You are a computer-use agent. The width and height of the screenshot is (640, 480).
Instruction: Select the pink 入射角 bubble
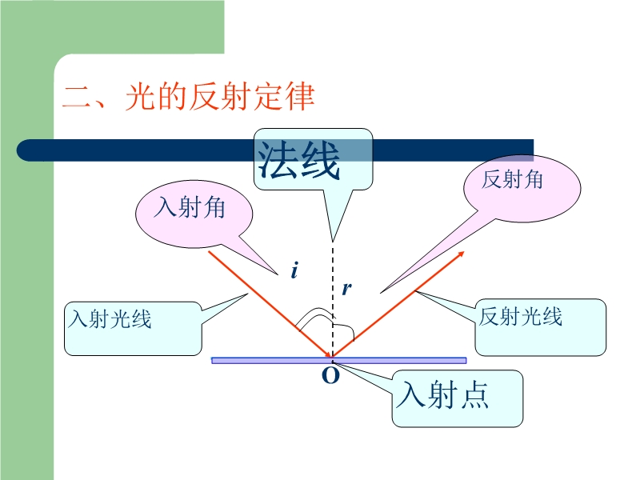[191, 209]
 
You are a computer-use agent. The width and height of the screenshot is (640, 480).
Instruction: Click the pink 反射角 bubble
[513, 180]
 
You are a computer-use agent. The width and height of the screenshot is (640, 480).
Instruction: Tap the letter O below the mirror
[330, 376]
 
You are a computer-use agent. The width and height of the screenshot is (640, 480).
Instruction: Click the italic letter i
[294, 272]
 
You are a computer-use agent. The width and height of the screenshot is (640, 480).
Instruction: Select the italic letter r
[346, 289]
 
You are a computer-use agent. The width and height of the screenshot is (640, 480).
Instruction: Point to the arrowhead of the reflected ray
[461, 254]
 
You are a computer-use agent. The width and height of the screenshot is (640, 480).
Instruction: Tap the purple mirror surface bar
[256, 361]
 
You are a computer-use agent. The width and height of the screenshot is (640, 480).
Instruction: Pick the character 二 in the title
[77, 98]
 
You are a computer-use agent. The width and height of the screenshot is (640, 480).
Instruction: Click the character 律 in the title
[299, 98]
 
